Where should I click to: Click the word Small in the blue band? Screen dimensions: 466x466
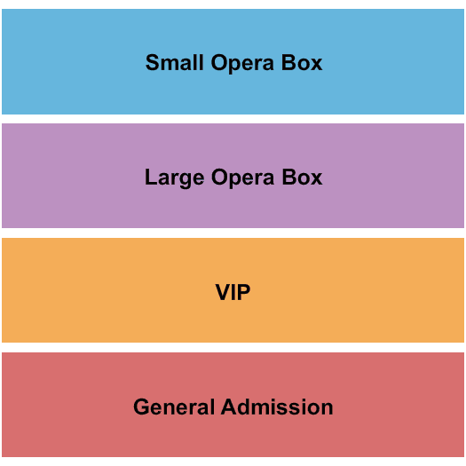click(175, 63)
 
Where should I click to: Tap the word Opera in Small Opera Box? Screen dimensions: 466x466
click(242, 64)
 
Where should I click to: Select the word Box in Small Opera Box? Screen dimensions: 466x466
click(302, 63)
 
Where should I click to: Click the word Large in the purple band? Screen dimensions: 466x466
click(175, 178)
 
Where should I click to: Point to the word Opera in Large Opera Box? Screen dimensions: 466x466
click(242, 178)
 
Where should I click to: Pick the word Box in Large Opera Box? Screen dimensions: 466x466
click(302, 178)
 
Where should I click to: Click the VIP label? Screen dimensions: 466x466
click(233, 292)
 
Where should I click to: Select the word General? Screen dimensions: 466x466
click(174, 407)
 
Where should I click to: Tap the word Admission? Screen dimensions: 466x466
click(277, 407)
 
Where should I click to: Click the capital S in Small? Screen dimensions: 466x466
click(153, 63)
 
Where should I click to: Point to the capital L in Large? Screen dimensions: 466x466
click(151, 178)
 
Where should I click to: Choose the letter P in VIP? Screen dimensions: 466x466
click(244, 292)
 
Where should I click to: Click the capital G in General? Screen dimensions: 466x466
click(142, 407)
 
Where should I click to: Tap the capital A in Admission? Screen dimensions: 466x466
click(229, 407)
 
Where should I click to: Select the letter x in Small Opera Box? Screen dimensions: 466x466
click(316, 65)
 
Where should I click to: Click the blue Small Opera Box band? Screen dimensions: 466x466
click(233, 61)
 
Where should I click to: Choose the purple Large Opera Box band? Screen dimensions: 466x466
click(233, 176)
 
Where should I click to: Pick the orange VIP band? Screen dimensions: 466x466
click(233, 290)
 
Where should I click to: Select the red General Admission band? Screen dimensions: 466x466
click(233, 405)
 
